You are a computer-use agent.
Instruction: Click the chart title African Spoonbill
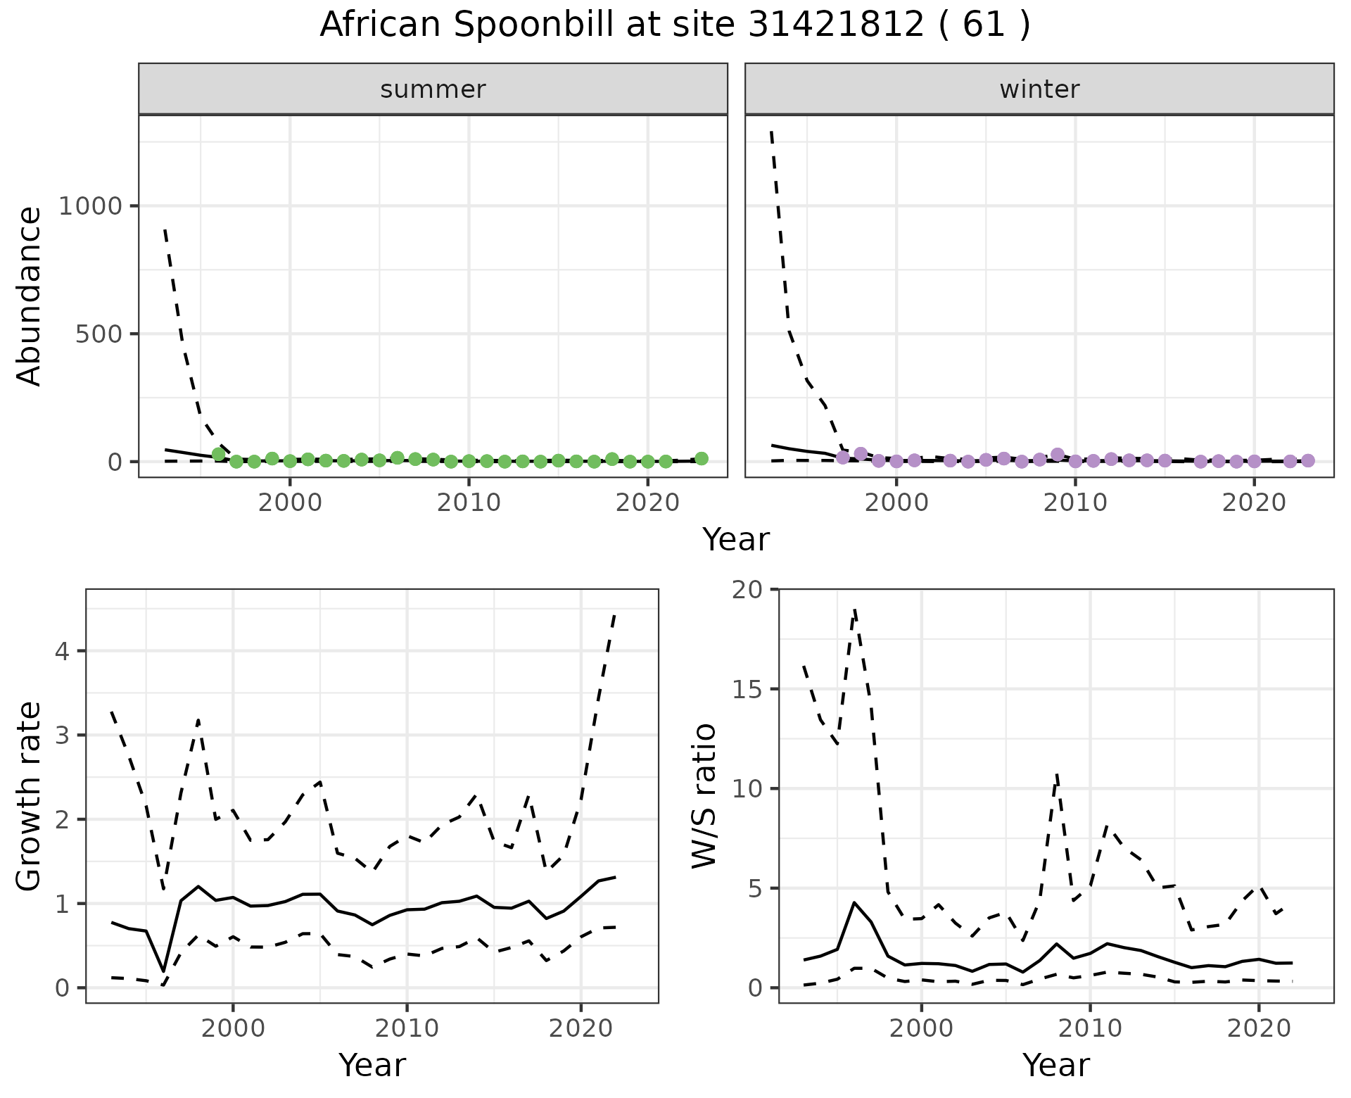[x=674, y=25]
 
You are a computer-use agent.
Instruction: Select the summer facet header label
[x=433, y=89]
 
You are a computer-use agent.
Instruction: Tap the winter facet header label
[x=1039, y=89]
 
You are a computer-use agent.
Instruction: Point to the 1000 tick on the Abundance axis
[x=90, y=206]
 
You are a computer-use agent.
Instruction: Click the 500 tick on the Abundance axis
[x=98, y=334]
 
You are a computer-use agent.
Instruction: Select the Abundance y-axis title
[x=30, y=296]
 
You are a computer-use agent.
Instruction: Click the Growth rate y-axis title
[x=30, y=796]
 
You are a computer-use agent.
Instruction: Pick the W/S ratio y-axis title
[x=704, y=796]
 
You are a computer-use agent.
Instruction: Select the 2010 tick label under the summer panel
[x=468, y=503]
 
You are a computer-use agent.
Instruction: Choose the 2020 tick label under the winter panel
[x=1253, y=503]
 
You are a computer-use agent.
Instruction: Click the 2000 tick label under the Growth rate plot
[x=233, y=1028]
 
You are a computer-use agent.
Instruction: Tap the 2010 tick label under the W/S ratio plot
[x=1090, y=1028]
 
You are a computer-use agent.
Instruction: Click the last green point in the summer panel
[x=701, y=458]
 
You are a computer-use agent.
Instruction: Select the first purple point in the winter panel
[x=843, y=458]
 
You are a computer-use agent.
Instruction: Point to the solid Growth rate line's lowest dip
[x=164, y=971]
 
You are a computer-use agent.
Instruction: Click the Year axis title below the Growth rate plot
[x=372, y=1065]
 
